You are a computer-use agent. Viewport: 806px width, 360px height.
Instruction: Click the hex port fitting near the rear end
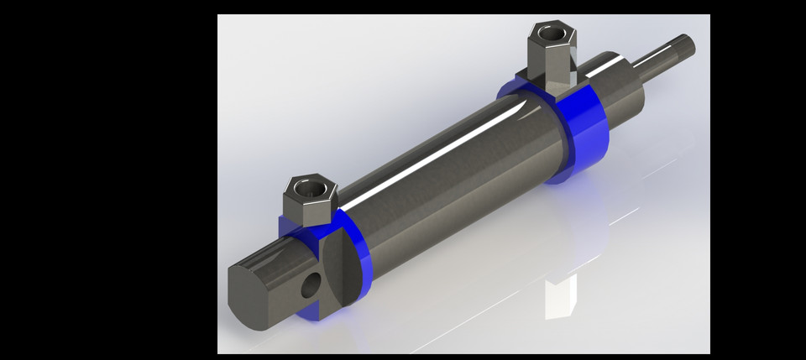pos(307,201)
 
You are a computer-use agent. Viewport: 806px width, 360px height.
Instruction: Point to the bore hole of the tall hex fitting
pos(550,32)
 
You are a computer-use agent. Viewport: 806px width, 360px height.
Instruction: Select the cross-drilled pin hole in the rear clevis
pos(310,286)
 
